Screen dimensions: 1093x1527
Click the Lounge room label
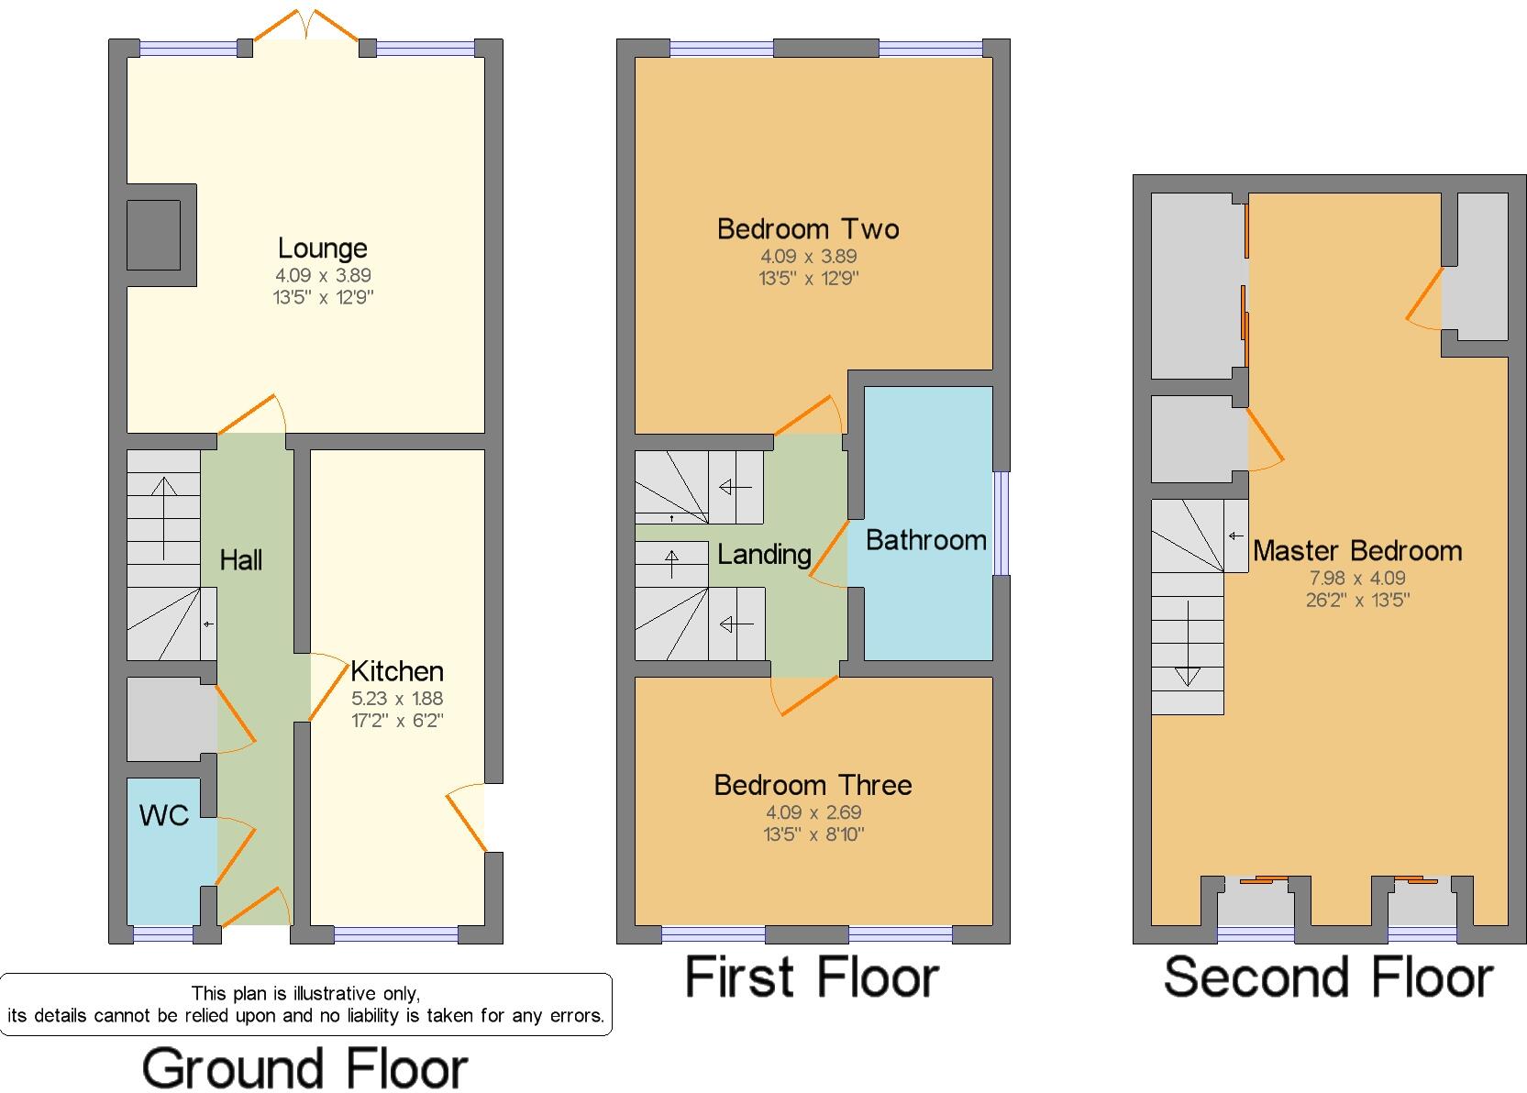[x=322, y=248]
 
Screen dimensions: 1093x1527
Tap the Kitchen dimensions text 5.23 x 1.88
[x=396, y=698]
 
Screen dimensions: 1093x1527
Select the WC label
[x=164, y=815]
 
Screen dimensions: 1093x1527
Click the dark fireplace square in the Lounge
[x=153, y=236]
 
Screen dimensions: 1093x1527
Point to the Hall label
[x=241, y=560]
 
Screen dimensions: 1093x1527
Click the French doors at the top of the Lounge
[x=305, y=25]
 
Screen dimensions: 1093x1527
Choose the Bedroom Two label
[x=808, y=228]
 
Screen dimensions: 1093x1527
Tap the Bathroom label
[x=925, y=540]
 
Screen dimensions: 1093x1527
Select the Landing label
[x=764, y=554]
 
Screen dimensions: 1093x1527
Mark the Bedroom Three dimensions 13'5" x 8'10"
[x=813, y=834]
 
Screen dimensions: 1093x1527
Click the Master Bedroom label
[x=1357, y=551]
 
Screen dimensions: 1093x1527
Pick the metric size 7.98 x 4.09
[x=1357, y=579]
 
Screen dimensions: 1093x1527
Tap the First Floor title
[x=812, y=977]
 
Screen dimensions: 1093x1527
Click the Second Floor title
[x=1328, y=977]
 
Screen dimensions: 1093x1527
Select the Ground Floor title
[x=304, y=1069]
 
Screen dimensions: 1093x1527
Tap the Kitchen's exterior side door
[x=468, y=819]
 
